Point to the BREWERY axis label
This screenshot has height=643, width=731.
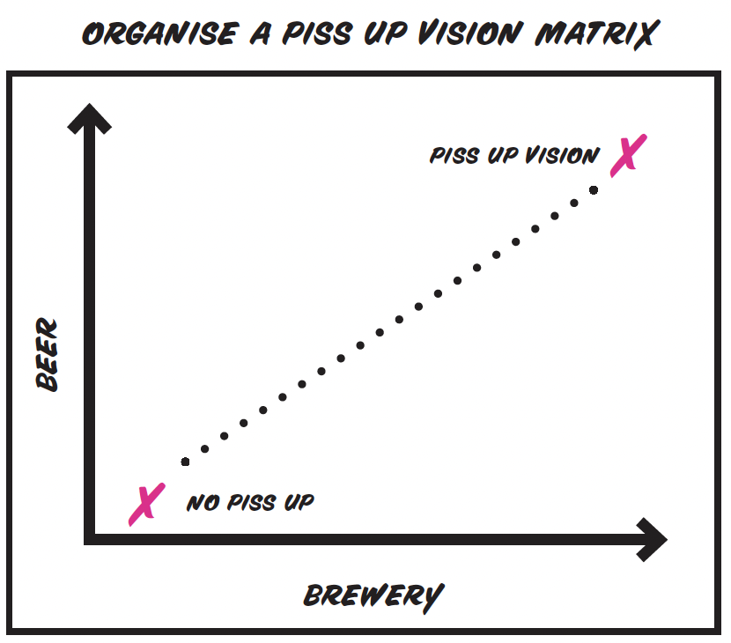[x=373, y=596]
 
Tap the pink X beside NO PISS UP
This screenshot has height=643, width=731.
[x=144, y=505]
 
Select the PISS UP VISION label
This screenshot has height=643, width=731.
[x=514, y=156]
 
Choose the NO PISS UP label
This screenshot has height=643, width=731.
[x=250, y=504]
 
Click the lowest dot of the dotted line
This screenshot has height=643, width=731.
[x=185, y=462]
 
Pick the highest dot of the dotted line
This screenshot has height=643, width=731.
[x=594, y=189]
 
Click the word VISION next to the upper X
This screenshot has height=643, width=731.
[x=562, y=156]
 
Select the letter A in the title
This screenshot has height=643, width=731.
[x=262, y=33]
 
